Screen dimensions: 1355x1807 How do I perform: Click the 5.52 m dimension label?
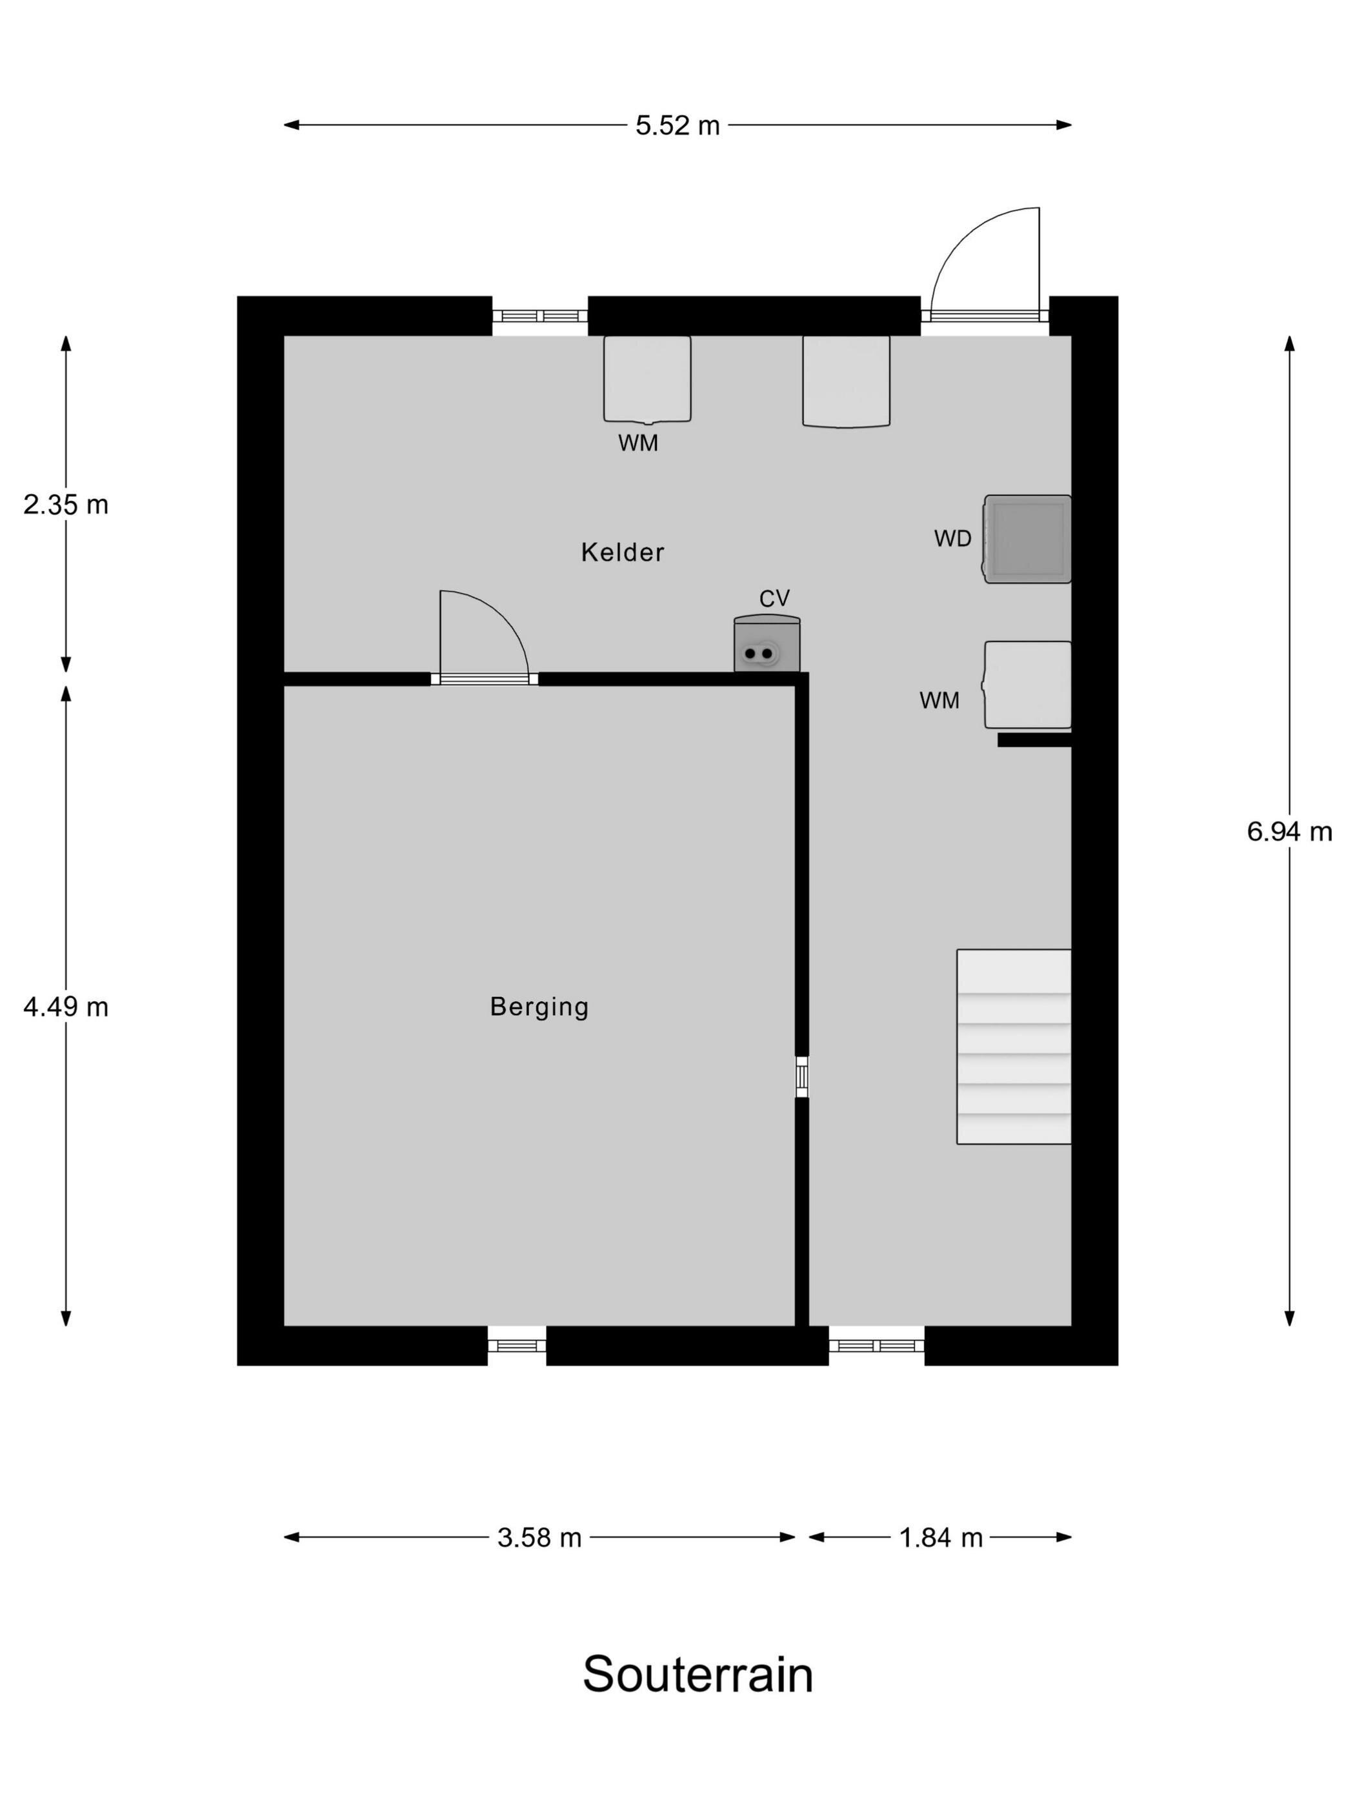click(x=677, y=125)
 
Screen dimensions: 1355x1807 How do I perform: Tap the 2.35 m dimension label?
click(x=65, y=505)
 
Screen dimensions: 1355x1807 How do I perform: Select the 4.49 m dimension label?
click(x=65, y=1007)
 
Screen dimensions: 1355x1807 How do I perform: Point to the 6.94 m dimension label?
click(x=1289, y=832)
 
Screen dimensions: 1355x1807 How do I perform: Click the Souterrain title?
click(x=698, y=1675)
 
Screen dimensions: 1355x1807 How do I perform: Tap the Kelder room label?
click(x=623, y=552)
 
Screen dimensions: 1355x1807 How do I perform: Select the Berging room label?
click(x=539, y=1006)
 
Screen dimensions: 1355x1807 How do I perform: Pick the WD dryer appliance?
click(x=1027, y=539)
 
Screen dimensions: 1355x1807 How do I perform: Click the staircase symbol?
click(x=1013, y=1047)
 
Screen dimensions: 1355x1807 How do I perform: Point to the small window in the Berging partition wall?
click(x=801, y=1076)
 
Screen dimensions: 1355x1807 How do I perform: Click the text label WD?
click(x=952, y=539)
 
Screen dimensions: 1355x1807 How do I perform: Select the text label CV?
click(x=774, y=599)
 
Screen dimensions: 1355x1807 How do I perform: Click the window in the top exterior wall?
click(x=540, y=316)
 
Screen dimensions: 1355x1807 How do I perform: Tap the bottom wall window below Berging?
click(x=516, y=1346)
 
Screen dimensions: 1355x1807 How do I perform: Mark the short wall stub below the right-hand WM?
click(x=1034, y=740)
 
